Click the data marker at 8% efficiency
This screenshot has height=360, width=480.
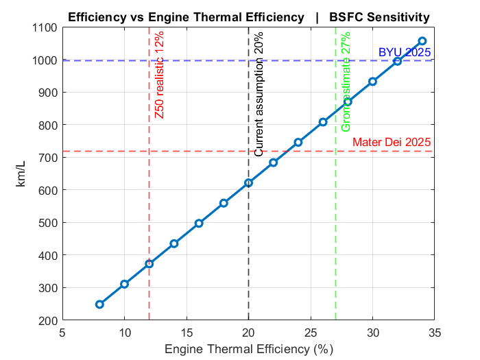tap(99, 304)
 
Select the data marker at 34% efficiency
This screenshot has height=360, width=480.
tap(422, 41)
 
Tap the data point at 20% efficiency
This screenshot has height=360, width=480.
tap(249, 183)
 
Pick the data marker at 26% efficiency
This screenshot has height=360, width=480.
tap(323, 122)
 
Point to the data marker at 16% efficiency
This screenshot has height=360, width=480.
tap(199, 224)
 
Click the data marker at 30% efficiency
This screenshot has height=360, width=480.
tap(373, 82)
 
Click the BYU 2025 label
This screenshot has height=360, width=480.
tap(405, 52)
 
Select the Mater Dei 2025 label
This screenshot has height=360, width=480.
tap(392, 143)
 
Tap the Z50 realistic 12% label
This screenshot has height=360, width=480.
tap(159, 75)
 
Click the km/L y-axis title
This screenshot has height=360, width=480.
tap(21, 174)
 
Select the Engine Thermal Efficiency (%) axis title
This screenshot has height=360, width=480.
tap(248, 349)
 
